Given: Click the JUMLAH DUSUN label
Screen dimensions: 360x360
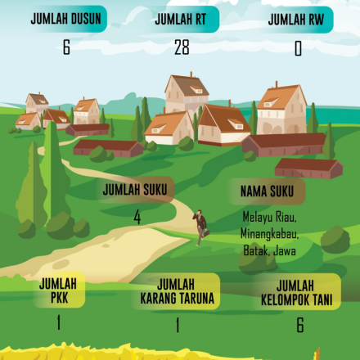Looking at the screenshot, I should click(65, 20).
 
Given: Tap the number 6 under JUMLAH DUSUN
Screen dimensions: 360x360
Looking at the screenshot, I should click(65, 47).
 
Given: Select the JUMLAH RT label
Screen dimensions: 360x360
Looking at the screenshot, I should click(182, 20).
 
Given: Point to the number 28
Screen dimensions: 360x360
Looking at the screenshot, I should click(182, 47).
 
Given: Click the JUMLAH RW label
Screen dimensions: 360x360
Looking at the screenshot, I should click(298, 20).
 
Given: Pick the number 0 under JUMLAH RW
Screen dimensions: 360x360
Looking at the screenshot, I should click(298, 49).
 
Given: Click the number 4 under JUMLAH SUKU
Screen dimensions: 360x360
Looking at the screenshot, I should click(137, 218).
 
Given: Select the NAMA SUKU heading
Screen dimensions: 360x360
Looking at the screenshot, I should click(267, 191).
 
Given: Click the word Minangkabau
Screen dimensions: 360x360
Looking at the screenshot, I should click(271, 234).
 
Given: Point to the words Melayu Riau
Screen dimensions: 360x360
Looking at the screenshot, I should click(269, 218).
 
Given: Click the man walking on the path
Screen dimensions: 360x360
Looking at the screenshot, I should click(199, 227).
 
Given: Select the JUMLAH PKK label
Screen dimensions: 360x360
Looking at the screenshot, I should click(58, 290).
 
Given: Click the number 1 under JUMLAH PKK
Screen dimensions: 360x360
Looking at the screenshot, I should click(59, 323).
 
